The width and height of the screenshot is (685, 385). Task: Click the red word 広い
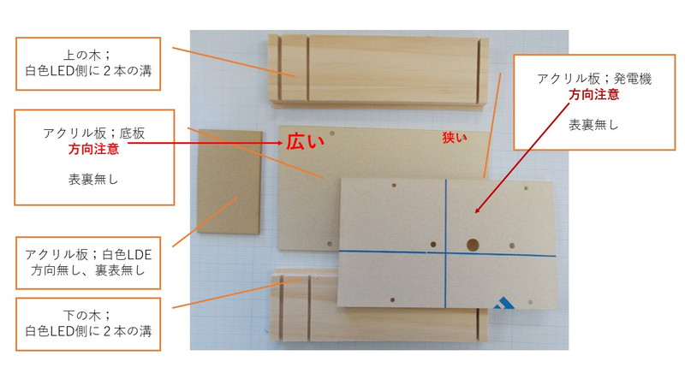pos(306,141)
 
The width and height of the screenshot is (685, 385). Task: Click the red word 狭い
pos(455,138)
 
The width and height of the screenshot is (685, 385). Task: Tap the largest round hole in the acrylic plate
pos(473,245)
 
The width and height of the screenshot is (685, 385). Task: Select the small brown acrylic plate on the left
pos(229,181)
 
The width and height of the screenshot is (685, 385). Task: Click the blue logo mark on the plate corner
pos(503,303)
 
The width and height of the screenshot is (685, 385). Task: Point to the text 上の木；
pos(88,56)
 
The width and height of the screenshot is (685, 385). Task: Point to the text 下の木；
pos(88,315)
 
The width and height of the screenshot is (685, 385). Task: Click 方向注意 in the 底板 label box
pos(93,149)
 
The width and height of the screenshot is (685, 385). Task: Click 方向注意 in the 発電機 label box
pos(593,94)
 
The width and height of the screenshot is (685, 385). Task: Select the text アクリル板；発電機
pos(594,79)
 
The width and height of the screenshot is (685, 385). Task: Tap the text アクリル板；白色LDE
pos(88,254)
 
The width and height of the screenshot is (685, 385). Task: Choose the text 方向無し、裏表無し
pos(88,270)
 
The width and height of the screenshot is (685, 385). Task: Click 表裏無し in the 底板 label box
pos(93,180)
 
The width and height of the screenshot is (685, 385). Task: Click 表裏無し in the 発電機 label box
pos(593,125)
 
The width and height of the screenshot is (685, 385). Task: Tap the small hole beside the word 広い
pos(332,133)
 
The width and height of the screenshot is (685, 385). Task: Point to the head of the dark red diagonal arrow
pos(477,210)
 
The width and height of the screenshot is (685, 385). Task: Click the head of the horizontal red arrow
pos(281,143)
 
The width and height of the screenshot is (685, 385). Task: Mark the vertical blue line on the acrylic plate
pos(446,243)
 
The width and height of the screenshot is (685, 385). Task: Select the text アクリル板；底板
pos(93,133)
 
